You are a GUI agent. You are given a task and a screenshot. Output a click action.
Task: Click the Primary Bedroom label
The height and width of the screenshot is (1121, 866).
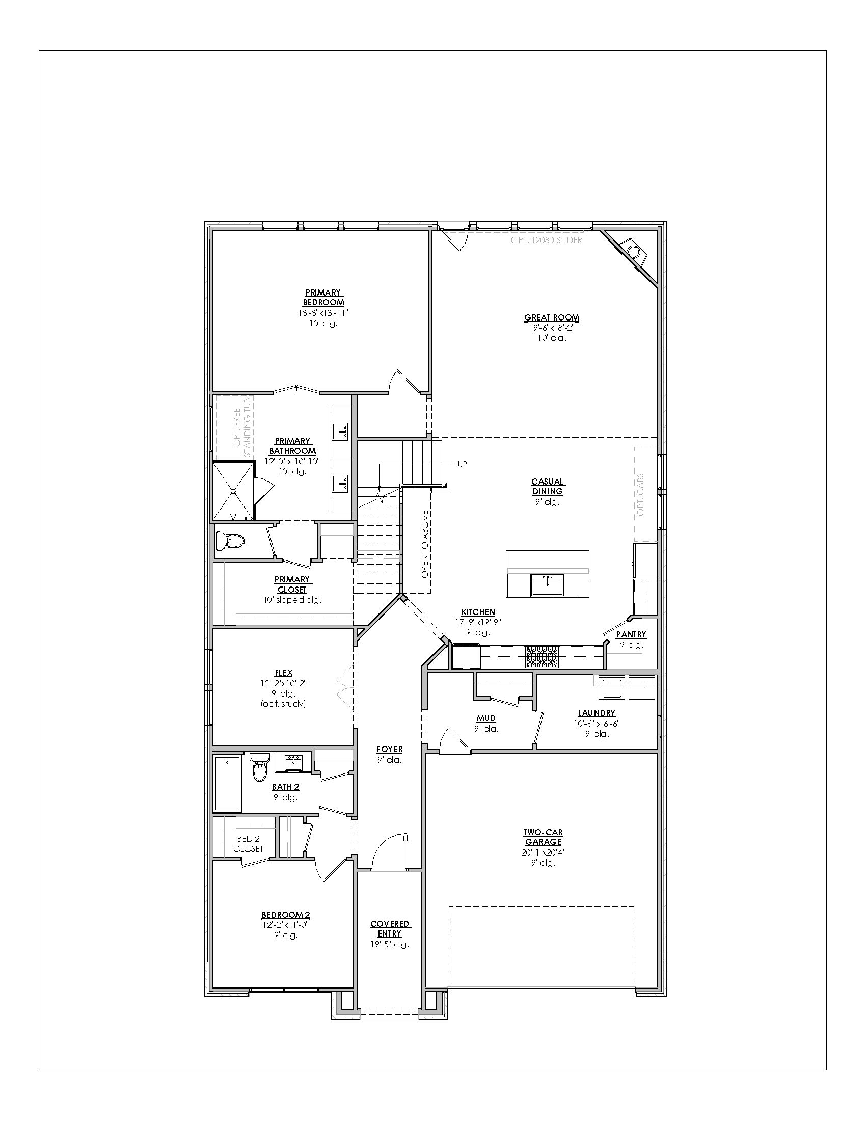tap(323, 298)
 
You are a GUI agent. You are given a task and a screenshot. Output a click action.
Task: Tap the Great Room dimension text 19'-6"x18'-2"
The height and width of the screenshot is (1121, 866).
tap(552, 328)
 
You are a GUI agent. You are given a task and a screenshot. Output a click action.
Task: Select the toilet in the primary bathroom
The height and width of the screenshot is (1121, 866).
tap(230, 541)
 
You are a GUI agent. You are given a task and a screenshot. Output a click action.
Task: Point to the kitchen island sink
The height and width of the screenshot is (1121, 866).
tap(548, 584)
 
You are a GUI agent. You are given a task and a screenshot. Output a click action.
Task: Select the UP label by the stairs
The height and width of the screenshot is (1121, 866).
tap(462, 464)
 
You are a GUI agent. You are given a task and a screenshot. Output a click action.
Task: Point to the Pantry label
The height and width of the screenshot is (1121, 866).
tap(631, 634)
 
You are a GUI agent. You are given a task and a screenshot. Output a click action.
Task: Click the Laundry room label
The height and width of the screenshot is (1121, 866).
tap(596, 712)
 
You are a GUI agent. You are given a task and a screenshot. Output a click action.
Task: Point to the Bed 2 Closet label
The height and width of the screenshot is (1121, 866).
tap(248, 844)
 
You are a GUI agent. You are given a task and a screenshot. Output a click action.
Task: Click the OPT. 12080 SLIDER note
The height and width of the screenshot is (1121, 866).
tap(547, 239)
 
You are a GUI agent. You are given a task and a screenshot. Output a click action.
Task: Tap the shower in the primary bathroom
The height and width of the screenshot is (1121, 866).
tap(234, 491)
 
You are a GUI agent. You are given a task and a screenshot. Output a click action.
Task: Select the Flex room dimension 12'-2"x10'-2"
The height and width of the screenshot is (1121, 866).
tap(283, 683)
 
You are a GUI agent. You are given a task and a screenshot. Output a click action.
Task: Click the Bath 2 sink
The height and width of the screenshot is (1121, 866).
tap(293, 762)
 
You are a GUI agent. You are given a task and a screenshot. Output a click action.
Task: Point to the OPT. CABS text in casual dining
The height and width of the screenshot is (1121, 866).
tap(640, 494)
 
